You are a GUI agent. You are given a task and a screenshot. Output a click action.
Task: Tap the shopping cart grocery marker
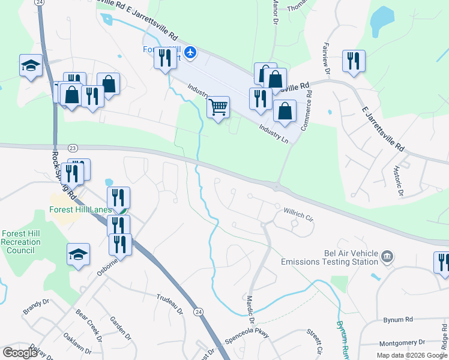218,107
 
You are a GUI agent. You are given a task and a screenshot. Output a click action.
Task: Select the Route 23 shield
73,148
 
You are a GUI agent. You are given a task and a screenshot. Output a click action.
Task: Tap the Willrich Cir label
299,215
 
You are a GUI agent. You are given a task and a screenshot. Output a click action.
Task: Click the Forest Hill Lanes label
80,210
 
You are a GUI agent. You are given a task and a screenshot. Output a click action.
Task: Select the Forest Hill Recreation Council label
21,242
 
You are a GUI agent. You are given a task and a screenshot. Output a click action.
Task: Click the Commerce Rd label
309,102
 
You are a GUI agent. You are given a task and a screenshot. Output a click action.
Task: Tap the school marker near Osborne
78,254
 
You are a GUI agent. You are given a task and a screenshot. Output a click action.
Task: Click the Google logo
20,353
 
